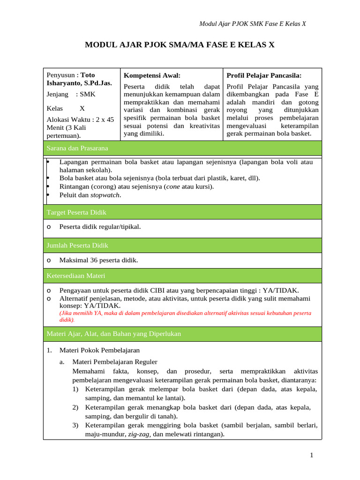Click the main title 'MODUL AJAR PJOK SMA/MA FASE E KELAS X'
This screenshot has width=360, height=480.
(x=180, y=45)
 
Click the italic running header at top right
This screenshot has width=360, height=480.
(x=253, y=24)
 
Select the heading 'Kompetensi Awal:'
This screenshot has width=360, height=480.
(x=152, y=75)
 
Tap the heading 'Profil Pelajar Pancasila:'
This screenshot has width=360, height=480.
(x=264, y=75)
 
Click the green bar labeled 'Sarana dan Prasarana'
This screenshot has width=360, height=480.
(x=77, y=148)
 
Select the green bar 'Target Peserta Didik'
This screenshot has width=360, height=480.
(x=76, y=212)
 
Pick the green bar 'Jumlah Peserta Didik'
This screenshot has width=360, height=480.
(x=77, y=245)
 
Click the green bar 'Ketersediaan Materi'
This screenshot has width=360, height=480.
(x=75, y=276)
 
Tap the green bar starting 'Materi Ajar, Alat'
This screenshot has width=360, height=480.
(x=113, y=334)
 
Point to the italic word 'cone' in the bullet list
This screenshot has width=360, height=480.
(x=173, y=187)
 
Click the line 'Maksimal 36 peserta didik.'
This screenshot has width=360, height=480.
(x=98, y=260)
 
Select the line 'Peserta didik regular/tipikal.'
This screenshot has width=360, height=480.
(x=100, y=227)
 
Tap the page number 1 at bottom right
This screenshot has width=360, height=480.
(x=311, y=455)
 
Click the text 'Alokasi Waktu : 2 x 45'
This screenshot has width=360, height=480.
(x=80, y=119)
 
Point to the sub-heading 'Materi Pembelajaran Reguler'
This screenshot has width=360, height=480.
(x=114, y=362)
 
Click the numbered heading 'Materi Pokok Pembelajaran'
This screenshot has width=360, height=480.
(x=99, y=350)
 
